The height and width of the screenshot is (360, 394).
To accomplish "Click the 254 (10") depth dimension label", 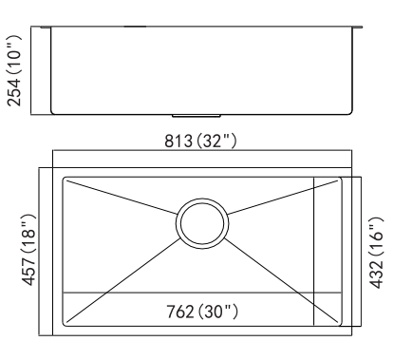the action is click(x=14, y=70).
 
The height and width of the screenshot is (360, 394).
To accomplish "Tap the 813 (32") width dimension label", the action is click(x=200, y=141).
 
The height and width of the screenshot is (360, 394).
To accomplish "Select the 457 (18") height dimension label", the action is click(x=28, y=250).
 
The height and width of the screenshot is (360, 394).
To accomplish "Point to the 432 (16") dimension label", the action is click(x=376, y=253).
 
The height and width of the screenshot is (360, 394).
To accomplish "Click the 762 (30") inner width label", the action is click(x=202, y=312).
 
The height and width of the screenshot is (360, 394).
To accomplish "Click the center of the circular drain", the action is click(x=202, y=224).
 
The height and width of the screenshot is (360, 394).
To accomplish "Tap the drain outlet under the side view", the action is click(x=197, y=116).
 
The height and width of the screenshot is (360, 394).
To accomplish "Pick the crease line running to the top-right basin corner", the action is click(x=283, y=198).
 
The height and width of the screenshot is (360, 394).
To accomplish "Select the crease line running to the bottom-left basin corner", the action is click(x=123, y=280).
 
